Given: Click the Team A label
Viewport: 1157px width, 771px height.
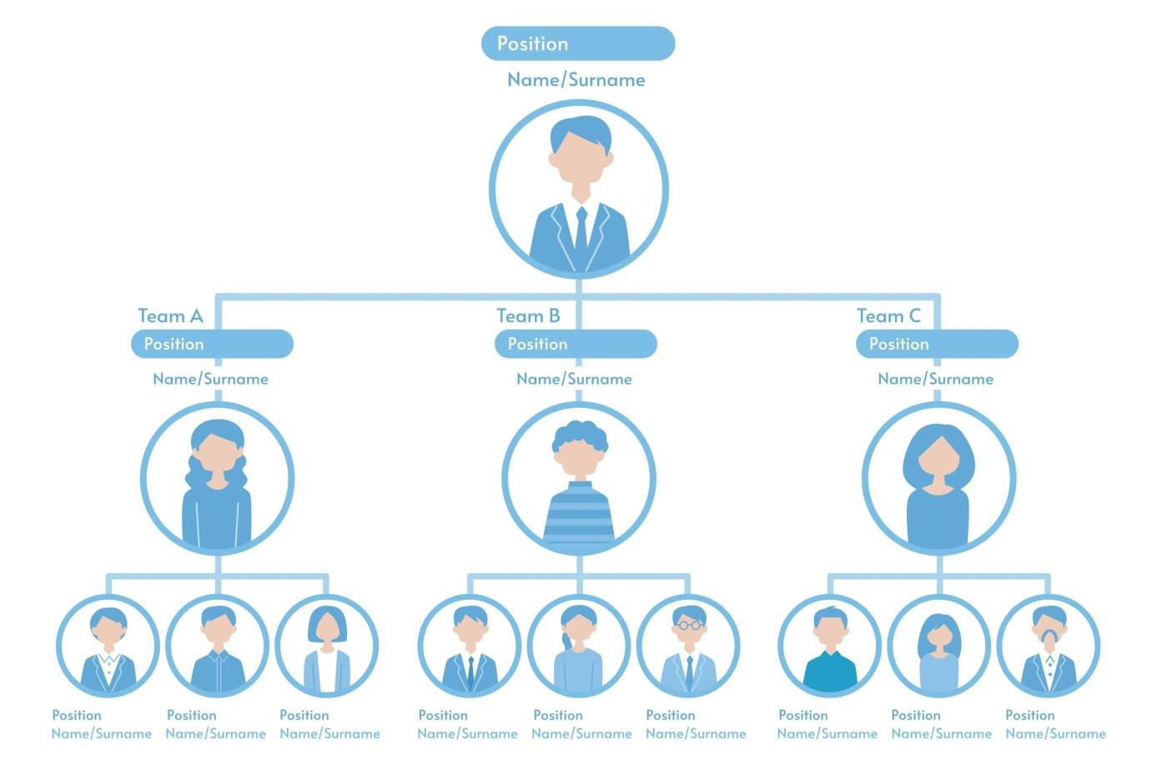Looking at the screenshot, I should pos(170,316).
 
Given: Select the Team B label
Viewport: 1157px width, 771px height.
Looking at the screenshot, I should pos(528,316).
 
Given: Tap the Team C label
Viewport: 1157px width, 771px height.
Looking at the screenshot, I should pos(888,316).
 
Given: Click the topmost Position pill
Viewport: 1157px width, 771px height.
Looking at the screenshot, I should pos(577,43).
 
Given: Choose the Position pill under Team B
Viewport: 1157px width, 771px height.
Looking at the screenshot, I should pos(576,344).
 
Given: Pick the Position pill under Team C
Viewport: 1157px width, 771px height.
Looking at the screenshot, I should pos(937,344).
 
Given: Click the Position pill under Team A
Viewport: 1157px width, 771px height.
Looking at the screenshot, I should pos(212,344).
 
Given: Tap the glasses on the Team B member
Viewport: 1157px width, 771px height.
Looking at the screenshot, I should pos(689,625).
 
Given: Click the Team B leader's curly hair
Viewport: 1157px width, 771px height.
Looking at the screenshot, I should pos(579,435).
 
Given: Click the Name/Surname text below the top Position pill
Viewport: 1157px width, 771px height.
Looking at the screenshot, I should pos(576,80).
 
